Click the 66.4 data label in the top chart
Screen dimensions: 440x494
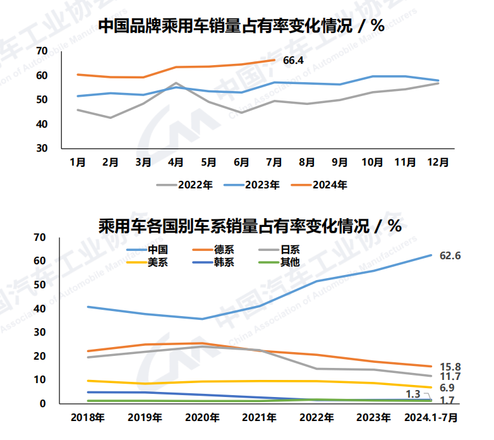point(294,61)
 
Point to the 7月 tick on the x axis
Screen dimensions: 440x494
point(274,162)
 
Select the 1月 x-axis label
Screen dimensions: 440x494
point(78,162)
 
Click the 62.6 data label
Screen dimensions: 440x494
point(450,255)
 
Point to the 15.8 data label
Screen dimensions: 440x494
point(450,367)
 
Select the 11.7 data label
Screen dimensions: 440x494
point(450,377)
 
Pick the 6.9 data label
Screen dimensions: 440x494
point(447,388)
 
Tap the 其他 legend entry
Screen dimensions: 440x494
point(290,262)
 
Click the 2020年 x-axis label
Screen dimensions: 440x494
point(202,417)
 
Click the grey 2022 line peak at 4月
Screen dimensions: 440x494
point(176,83)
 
